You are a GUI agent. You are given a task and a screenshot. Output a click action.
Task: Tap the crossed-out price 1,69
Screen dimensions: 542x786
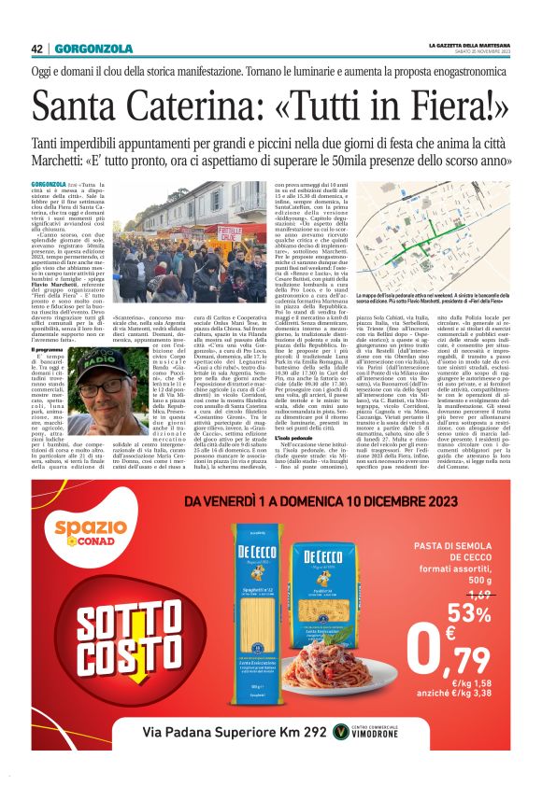click(x=478, y=593)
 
